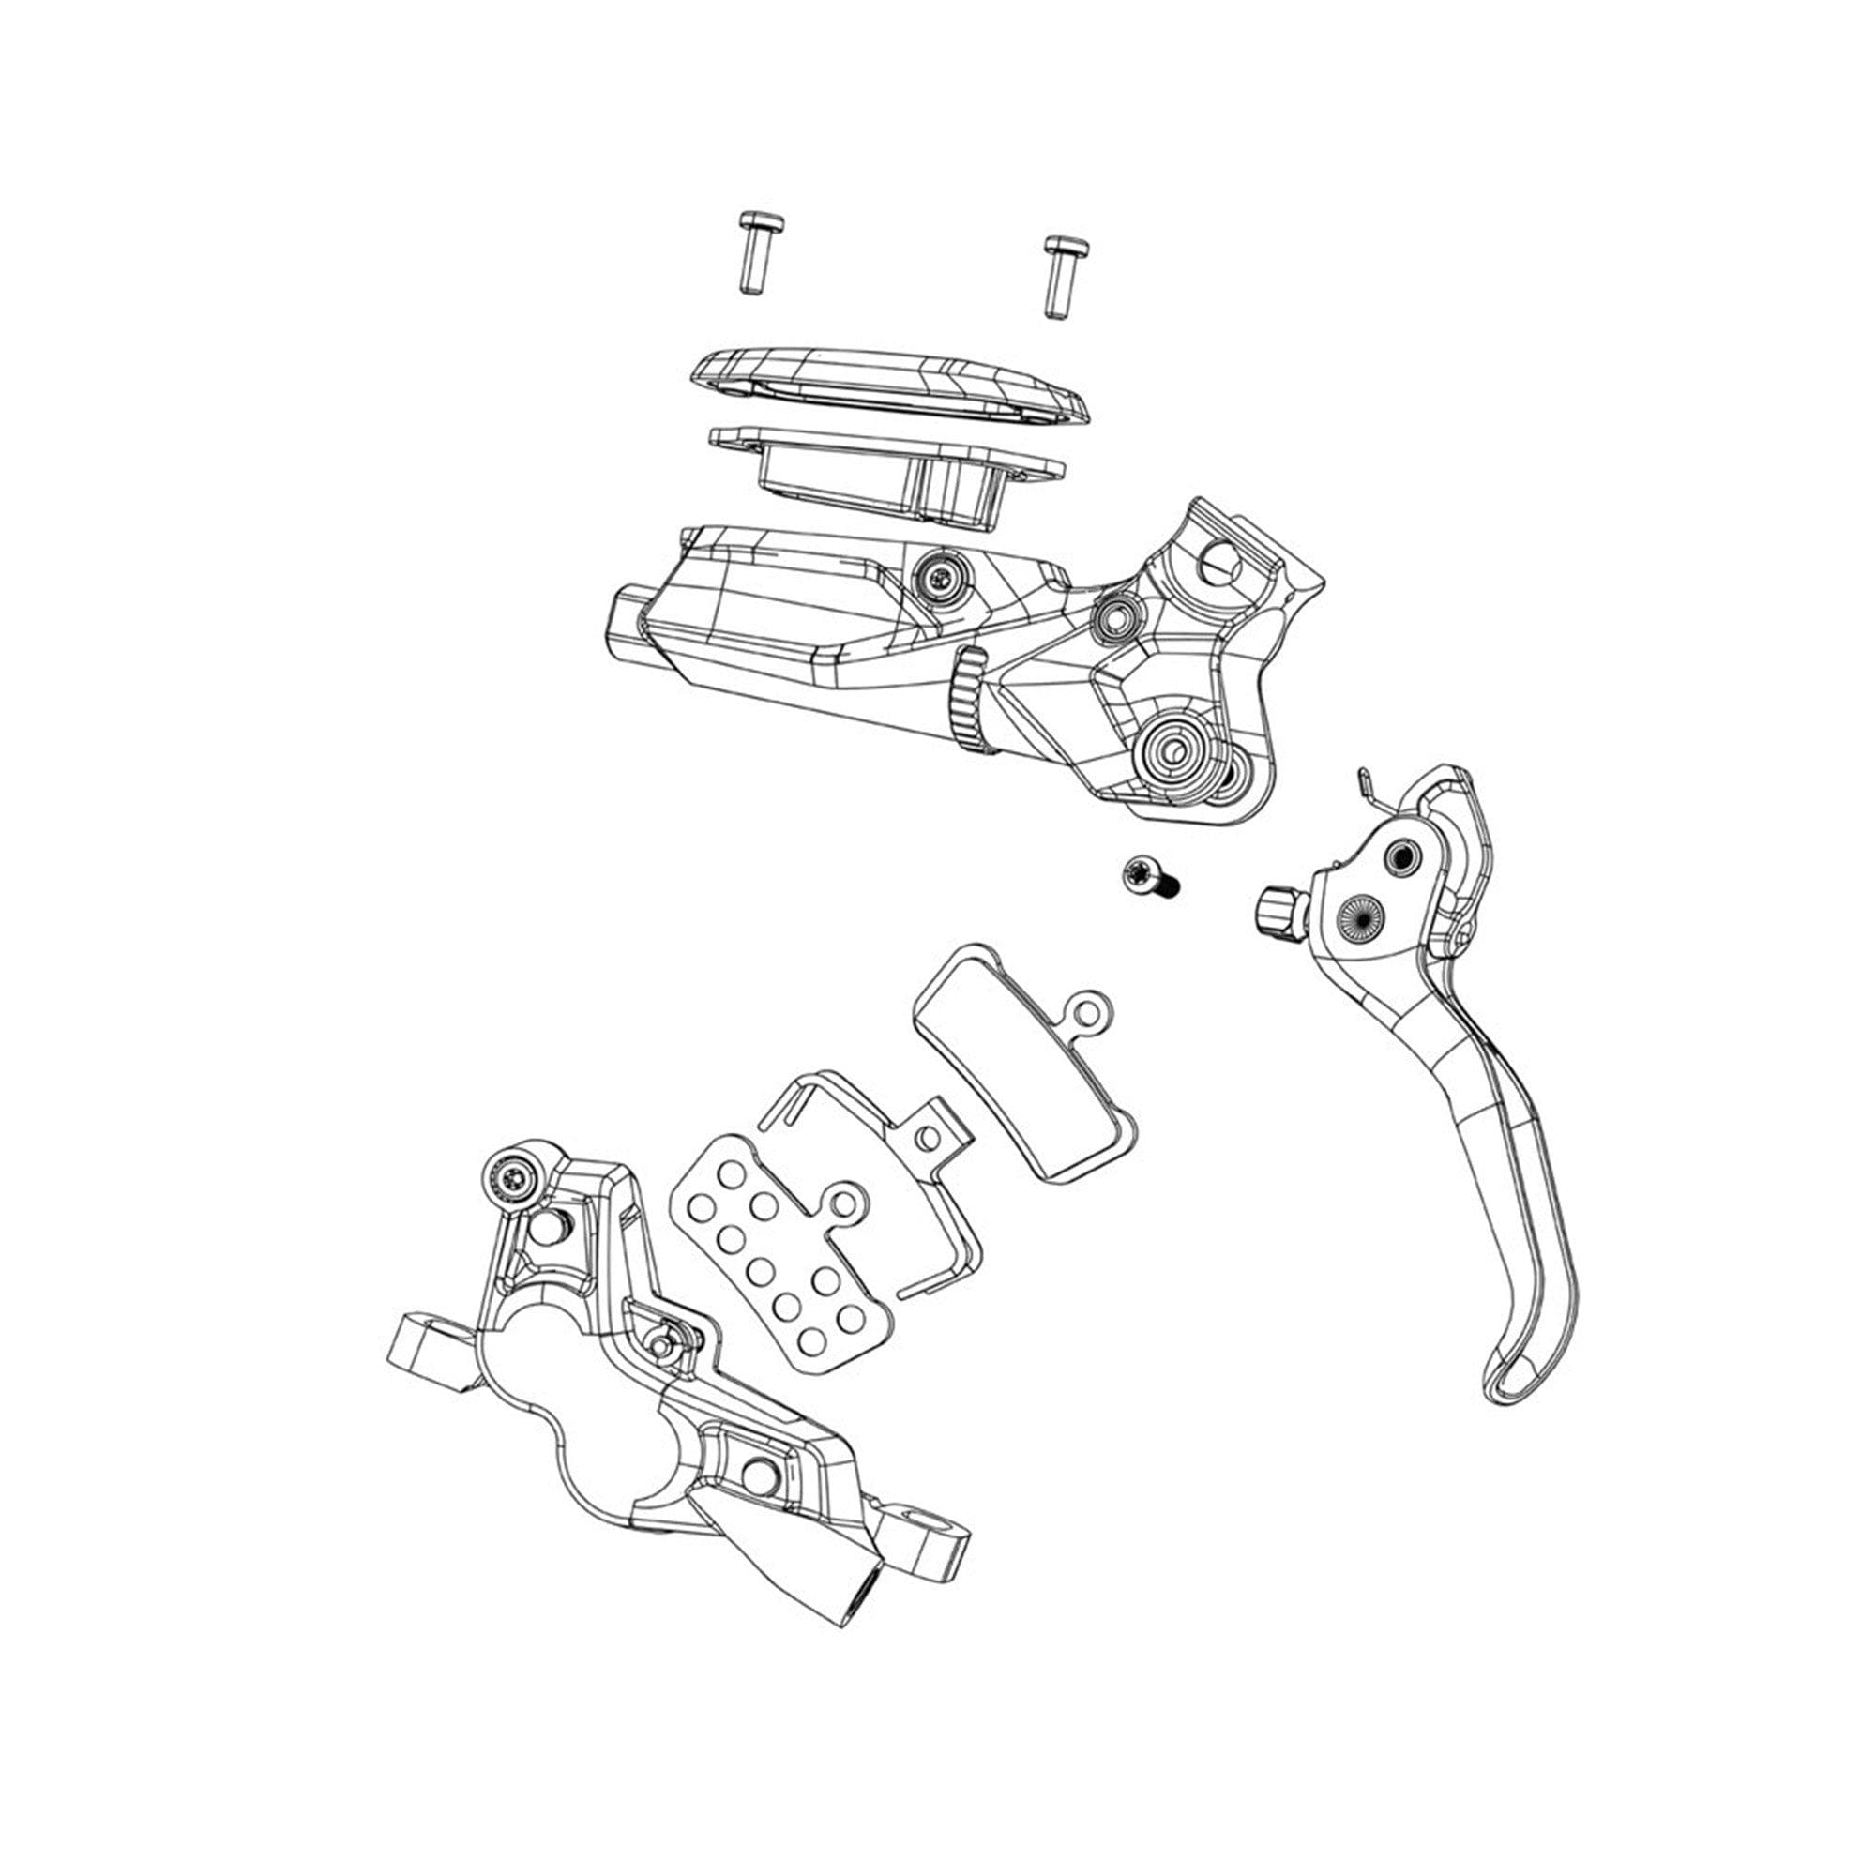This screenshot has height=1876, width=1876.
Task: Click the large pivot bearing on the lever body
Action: click(1174, 748)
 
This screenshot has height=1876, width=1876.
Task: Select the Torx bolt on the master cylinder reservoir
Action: click(937, 580)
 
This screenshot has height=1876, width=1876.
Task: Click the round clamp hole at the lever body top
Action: click(1220, 561)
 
